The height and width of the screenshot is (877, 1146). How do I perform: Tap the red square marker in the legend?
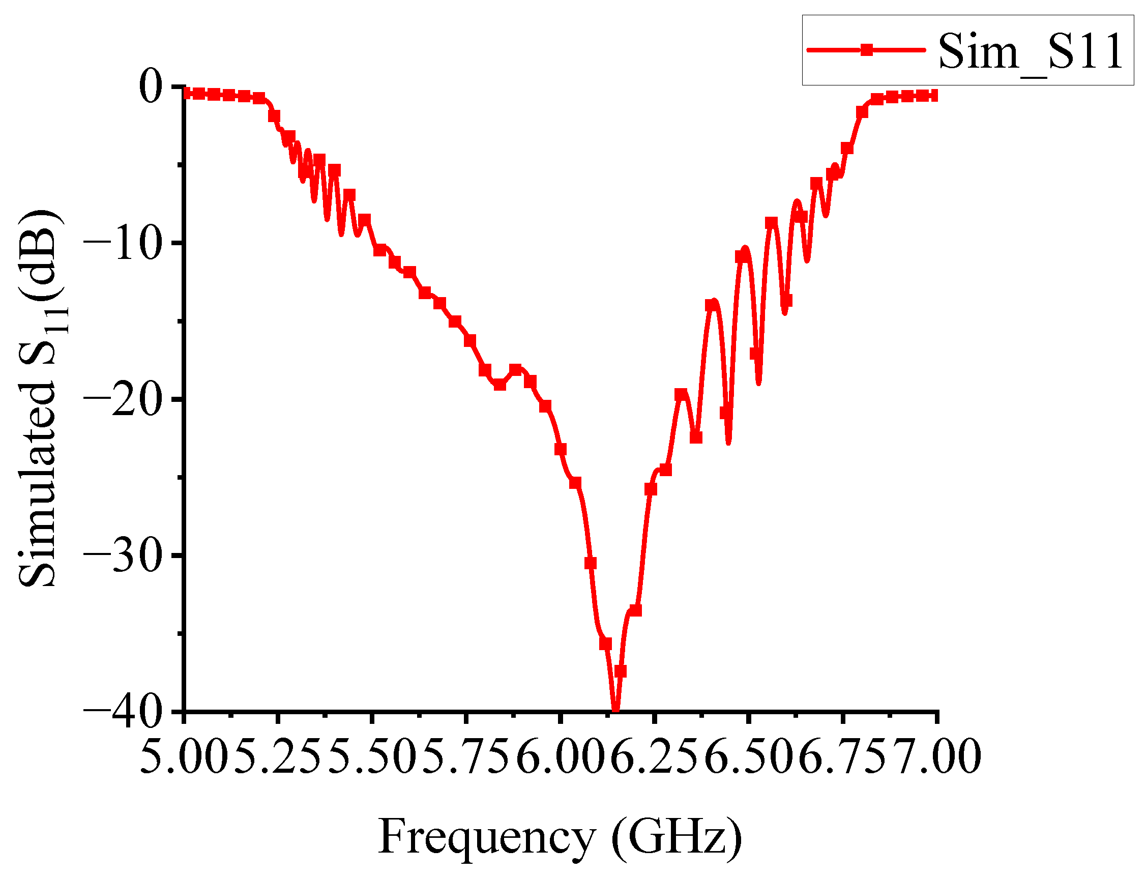866,50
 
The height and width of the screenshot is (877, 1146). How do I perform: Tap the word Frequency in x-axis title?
486,837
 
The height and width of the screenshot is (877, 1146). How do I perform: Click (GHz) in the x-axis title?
677,837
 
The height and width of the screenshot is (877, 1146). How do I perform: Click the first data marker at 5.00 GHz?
186,93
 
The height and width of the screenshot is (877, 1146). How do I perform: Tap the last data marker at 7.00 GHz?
933,96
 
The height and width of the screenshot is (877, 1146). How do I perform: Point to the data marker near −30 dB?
590,563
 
